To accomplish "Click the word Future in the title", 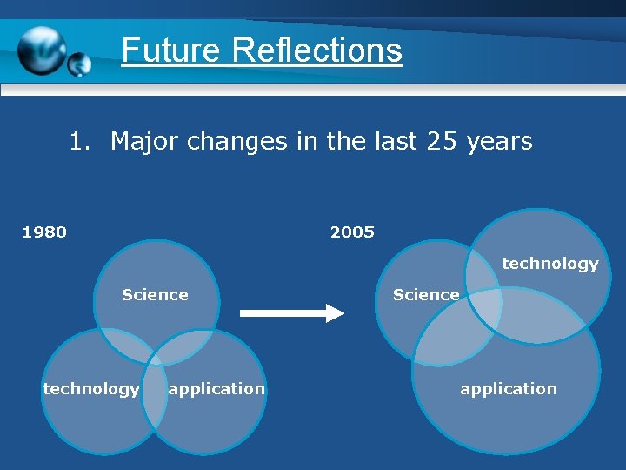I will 172,50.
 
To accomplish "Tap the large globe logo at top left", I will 42,50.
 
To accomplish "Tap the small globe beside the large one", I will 79,64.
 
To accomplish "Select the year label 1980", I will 44,232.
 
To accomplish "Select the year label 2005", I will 352,232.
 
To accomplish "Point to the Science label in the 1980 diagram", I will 155,295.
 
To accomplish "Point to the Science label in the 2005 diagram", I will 426,295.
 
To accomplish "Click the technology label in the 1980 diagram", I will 91,389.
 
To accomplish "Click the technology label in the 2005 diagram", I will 550,264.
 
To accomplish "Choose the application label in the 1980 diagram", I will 216,389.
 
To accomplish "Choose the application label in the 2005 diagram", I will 509,389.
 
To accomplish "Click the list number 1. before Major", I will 80,141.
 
